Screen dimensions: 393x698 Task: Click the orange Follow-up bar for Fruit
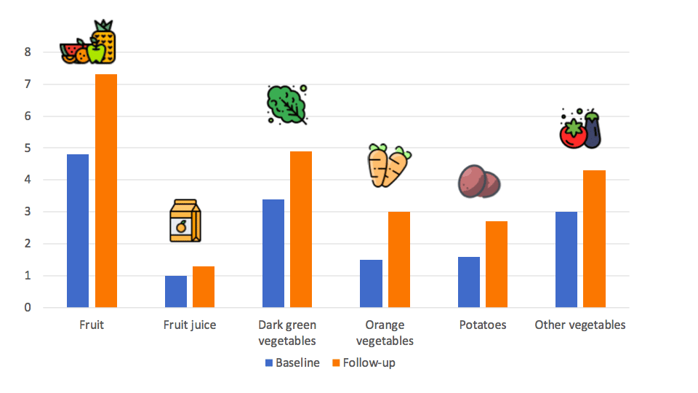coord(106,191)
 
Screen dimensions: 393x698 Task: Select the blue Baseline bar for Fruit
coord(78,231)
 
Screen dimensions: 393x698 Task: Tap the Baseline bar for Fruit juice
coord(176,291)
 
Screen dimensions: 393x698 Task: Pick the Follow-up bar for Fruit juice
coord(204,287)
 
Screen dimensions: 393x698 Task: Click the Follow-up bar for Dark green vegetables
coord(301,229)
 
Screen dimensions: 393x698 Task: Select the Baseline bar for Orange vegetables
coord(371,283)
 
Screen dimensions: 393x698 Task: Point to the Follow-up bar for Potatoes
coord(497,264)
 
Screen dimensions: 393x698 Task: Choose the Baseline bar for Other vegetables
coord(566,259)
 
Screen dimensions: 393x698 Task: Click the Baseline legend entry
coord(292,362)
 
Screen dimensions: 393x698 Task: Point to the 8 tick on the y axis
coord(27,52)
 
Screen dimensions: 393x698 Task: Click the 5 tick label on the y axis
coord(27,148)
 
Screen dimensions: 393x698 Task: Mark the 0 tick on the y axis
coord(27,308)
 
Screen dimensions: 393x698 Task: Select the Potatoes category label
coord(483,325)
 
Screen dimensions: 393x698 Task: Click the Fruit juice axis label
coord(190,325)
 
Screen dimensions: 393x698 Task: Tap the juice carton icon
coord(185,221)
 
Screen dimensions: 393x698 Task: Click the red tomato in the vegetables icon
coord(573,134)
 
